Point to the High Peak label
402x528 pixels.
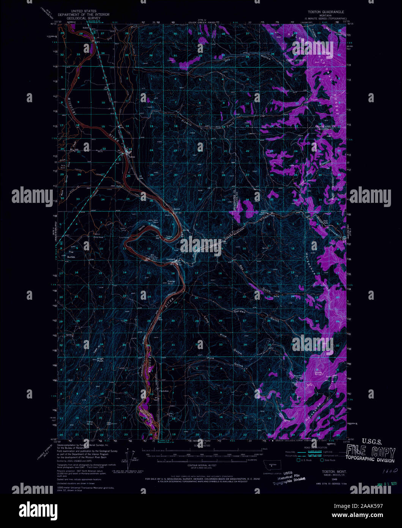click(100, 359)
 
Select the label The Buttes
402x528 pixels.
click(71, 255)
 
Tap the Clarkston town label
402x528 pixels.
click(164, 391)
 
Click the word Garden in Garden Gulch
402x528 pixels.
click(240, 311)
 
